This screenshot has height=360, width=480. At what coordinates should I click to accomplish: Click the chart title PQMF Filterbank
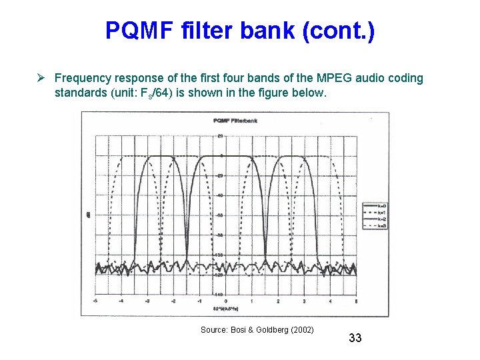click(x=235, y=121)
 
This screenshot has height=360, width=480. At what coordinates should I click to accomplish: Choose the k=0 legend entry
click(x=381, y=205)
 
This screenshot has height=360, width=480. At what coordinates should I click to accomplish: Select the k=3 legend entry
click(x=381, y=226)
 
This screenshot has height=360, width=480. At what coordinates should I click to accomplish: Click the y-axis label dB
click(x=89, y=215)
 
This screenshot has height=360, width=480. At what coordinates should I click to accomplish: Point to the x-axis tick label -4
click(x=122, y=301)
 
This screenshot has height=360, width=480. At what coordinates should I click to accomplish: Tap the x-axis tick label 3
click(x=304, y=301)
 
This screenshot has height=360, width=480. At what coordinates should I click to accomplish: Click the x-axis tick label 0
click(x=226, y=301)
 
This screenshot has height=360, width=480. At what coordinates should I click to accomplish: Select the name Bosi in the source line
click(x=238, y=329)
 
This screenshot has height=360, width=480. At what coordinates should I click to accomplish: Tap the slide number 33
click(x=355, y=338)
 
